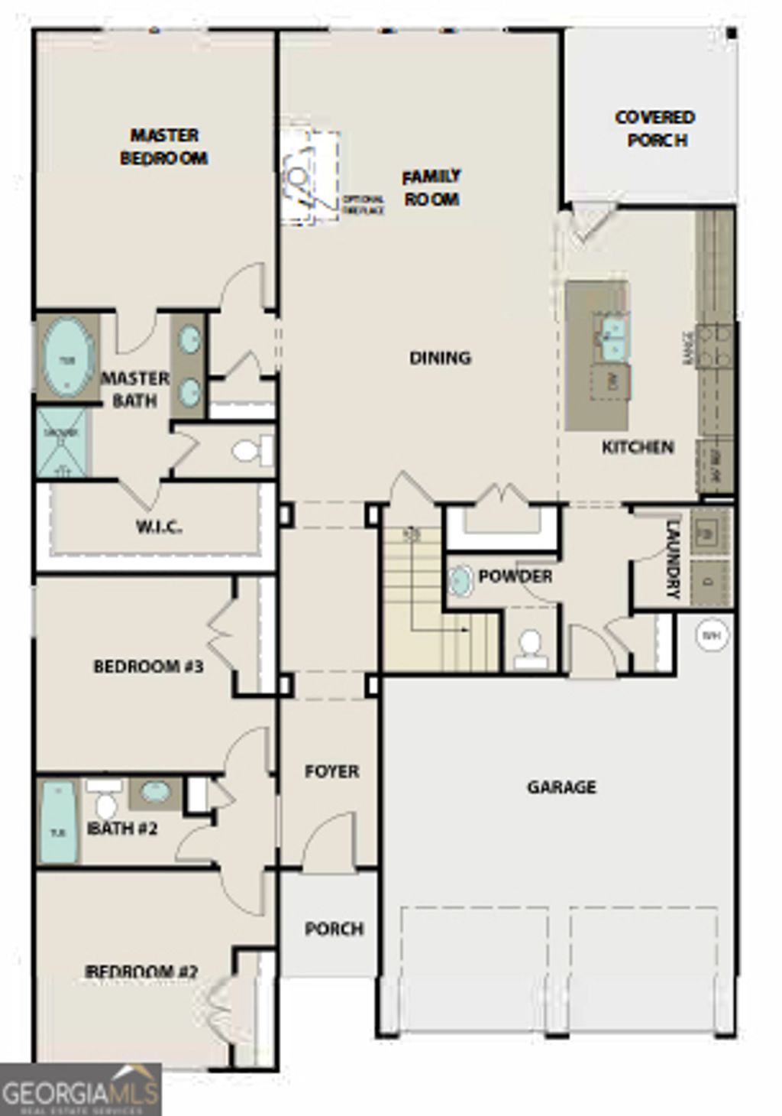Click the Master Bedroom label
164,147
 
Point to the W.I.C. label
159,527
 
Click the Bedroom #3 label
148,667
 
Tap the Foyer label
331,771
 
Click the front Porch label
334,929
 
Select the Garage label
561,787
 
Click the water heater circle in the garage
712,634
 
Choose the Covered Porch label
655,128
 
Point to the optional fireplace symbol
309,178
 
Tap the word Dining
440,357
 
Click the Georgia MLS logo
80,1089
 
